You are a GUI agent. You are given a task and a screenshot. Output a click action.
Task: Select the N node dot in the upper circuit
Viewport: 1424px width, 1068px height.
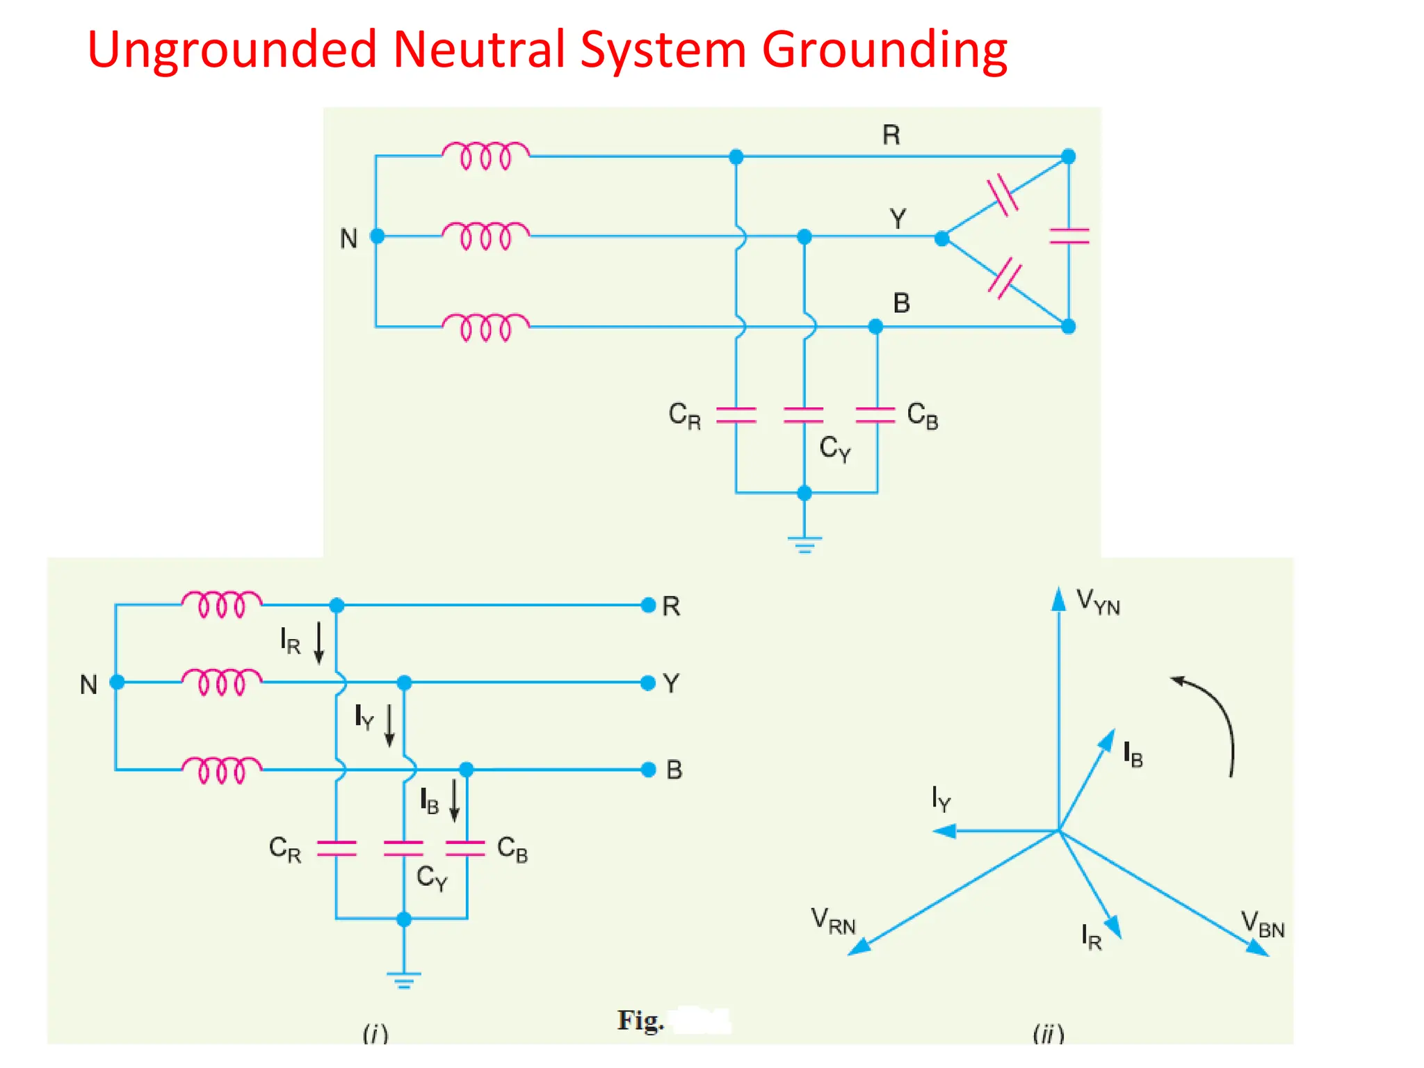(x=378, y=236)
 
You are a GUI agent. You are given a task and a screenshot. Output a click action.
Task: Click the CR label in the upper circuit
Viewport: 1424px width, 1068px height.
(x=684, y=415)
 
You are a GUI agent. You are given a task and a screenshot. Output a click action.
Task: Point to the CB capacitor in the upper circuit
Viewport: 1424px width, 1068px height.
(x=875, y=415)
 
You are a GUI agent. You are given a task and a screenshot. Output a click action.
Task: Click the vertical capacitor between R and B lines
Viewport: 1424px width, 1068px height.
(x=1069, y=236)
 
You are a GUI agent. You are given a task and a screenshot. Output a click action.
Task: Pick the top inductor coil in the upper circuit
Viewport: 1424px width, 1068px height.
(x=486, y=155)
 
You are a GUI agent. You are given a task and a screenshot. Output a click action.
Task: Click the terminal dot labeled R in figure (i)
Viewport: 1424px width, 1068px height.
(x=648, y=605)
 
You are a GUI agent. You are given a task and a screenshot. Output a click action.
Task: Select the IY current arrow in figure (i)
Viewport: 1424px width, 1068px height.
(x=389, y=725)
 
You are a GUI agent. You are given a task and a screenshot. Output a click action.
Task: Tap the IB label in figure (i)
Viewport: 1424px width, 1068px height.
(x=429, y=802)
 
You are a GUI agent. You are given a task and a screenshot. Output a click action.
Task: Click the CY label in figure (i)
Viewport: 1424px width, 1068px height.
(x=431, y=877)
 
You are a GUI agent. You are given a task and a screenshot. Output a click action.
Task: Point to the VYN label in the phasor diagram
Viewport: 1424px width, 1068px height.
(x=1098, y=601)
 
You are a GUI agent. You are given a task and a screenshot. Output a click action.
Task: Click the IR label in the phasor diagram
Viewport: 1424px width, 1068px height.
(x=1091, y=937)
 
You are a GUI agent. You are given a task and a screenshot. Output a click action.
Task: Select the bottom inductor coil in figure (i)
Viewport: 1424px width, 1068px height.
(x=222, y=770)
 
